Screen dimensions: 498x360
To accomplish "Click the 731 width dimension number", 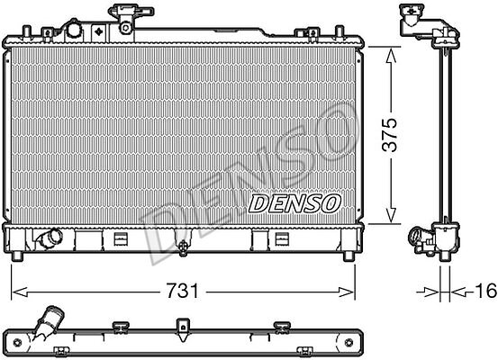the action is click(x=182, y=291).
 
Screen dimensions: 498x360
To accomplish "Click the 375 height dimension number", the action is click(x=390, y=135).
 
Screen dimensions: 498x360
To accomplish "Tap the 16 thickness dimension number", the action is click(x=486, y=291).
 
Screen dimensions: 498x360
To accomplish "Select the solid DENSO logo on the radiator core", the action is click(x=294, y=203).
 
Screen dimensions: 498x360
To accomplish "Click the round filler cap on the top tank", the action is click(x=74, y=30).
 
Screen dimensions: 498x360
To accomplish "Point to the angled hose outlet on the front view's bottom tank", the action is click(x=50, y=238).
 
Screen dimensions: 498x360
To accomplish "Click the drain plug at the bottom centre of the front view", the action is click(x=183, y=247).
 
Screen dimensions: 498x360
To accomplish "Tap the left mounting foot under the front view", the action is click(x=17, y=256).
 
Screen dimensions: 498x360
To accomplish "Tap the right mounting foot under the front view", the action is click(x=349, y=256).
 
